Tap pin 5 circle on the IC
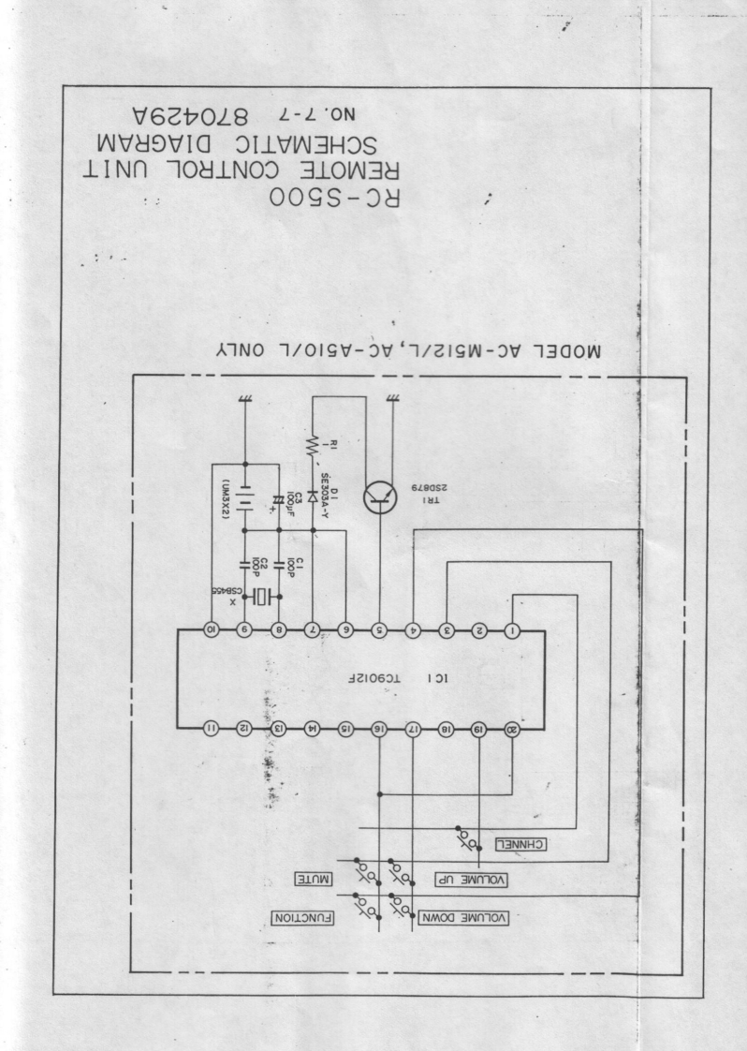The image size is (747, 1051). click(x=379, y=630)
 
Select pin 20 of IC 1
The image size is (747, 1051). click(x=512, y=728)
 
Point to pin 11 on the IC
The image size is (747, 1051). click(x=212, y=728)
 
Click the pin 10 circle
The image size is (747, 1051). click(x=212, y=630)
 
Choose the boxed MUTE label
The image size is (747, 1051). click(x=310, y=879)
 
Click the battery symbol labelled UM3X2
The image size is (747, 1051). click(x=244, y=499)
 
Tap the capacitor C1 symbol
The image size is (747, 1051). click(x=278, y=565)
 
